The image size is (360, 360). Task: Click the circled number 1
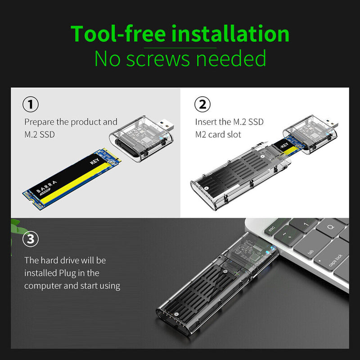coord(30,105)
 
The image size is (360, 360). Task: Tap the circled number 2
coord(202,105)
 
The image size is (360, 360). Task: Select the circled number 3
coord(30,239)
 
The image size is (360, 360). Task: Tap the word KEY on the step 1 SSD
coord(94,161)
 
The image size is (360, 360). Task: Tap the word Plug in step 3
coord(66,273)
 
